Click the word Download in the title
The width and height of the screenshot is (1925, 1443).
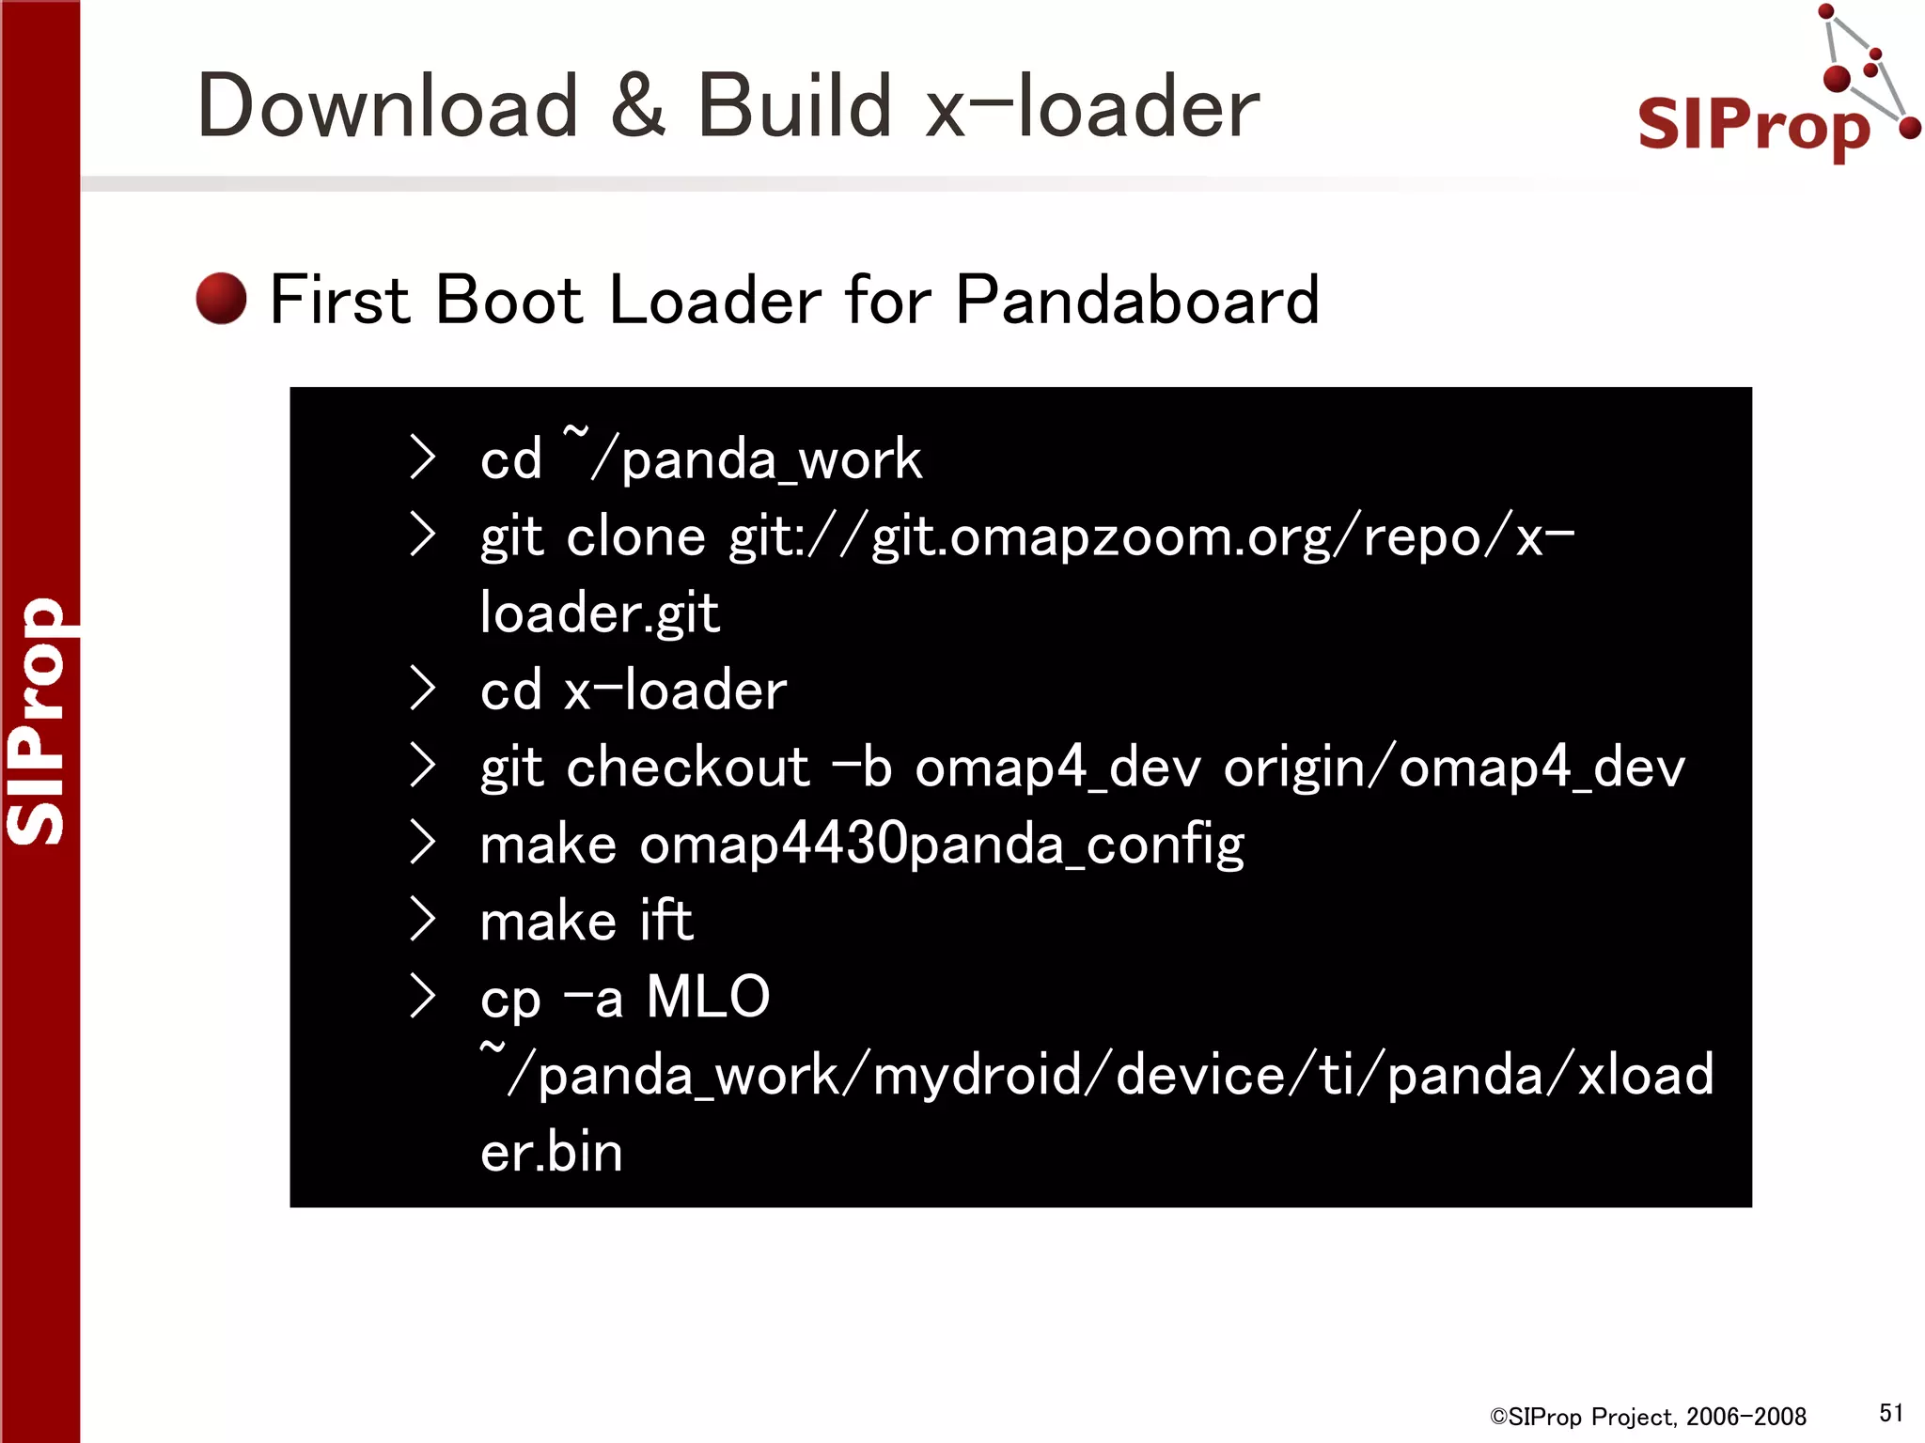click(x=387, y=107)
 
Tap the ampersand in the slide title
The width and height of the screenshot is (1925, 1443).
click(x=637, y=107)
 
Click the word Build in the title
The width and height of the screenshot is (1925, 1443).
click(x=794, y=107)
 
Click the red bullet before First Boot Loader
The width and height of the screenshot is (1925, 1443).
click(x=222, y=299)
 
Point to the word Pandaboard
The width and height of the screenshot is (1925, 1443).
click(x=1137, y=301)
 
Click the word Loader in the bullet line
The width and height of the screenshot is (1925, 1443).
click(x=715, y=301)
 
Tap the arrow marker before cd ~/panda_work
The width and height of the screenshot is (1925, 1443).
click(x=423, y=458)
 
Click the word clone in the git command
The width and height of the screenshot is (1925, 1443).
click(x=635, y=537)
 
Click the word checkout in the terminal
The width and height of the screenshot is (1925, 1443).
click(x=687, y=768)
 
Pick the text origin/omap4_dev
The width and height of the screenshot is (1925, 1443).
click(x=1454, y=768)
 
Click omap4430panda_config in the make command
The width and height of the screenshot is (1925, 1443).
click(x=942, y=845)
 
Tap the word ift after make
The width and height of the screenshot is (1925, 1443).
click(x=665, y=921)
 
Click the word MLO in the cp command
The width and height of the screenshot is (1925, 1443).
click(x=708, y=997)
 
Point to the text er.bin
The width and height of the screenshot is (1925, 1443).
click(x=552, y=1152)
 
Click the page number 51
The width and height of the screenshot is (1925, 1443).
click(x=1891, y=1413)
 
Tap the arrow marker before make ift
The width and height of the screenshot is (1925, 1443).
click(x=423, y=920)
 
